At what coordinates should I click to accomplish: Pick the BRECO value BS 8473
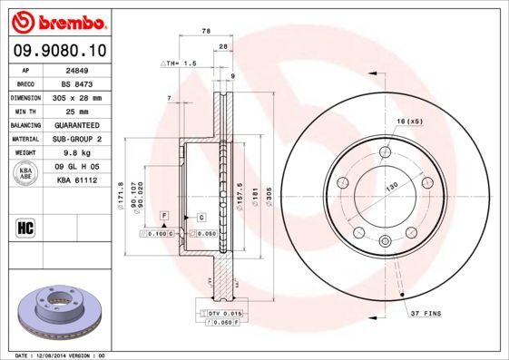[x=76, y=83]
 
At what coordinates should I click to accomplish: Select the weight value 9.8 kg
[x=76, y=153]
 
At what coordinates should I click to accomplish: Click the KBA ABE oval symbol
[x=26, y=172]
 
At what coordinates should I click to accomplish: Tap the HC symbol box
[x=26, y=227]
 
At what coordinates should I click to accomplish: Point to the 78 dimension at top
[x=206, y=31]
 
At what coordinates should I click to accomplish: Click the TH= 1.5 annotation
[x=179, y=63]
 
